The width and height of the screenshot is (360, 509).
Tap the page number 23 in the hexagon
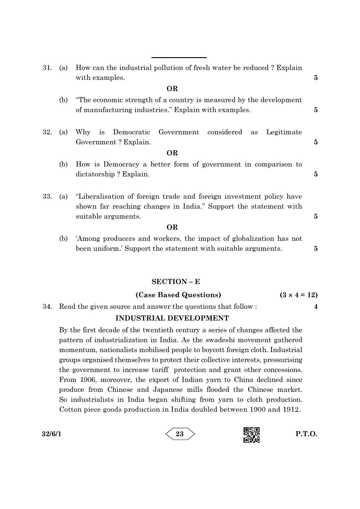coord(180,434)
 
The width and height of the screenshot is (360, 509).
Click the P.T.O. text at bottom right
coord(306,434)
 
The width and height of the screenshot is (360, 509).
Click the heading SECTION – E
coord(176,282)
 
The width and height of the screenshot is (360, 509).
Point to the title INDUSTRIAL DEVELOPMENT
coord(172,318)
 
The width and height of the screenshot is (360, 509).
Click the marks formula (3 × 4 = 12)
coord(298,295)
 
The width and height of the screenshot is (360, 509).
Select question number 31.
coord(47,68)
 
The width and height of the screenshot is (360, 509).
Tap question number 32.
coord(47,132)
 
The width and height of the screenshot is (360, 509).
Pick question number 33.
coord(47,197)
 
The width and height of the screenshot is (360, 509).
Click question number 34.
coord(47,307)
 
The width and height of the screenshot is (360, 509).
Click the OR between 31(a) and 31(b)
coord(172,89)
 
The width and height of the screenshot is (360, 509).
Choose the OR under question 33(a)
coord(172,227)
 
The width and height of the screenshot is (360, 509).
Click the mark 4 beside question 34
coord(316,307)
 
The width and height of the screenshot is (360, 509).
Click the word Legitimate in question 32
coord(284,132)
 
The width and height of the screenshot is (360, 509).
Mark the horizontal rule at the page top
coord(179,57)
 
